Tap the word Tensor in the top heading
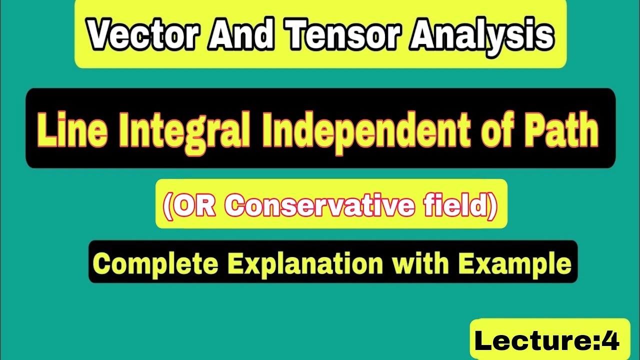coord(344,34)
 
